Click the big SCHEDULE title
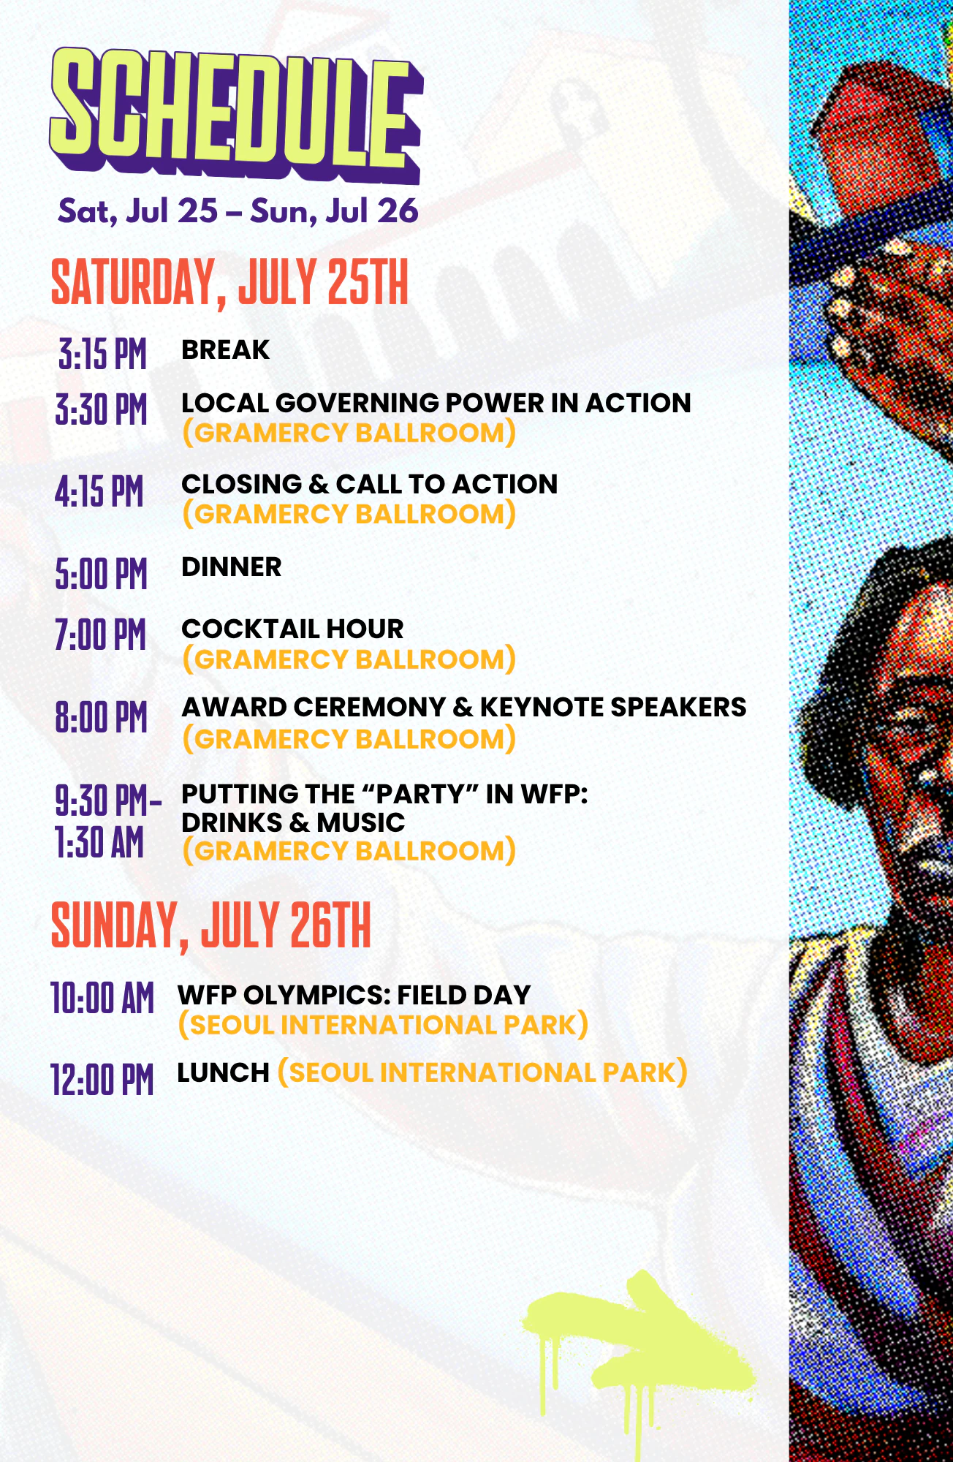pos(236,115)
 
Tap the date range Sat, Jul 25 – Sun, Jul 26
pos(238,211)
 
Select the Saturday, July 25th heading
pos(229,283)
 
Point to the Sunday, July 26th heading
pos(211,926)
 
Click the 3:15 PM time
pos(102,355)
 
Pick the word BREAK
pos(225,350)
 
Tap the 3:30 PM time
pos(102,409)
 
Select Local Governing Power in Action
pos(436,403)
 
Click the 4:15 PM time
pos(99,491)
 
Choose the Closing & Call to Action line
pos(369,484)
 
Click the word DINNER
pos(231,567)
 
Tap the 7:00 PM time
pos(101,635)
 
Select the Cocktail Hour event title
pos(292,629)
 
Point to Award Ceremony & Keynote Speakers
pos(464,707)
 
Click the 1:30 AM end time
pos(99,842)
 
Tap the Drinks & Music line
pos(293,822)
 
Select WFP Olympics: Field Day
pos(354,995)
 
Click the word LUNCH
pos(224,1072)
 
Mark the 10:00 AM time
pos(102,999)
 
